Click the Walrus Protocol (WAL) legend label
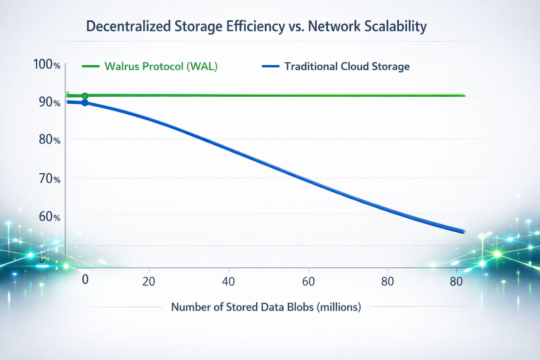(x=161, y=66)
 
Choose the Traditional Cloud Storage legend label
(x=347, y=66)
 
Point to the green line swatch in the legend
(x=90, y=66)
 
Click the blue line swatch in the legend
(x=271, y=66)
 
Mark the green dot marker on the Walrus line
(x=85, y=96)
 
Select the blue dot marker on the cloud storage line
(x=85, y=103)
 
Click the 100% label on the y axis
(x=46, y=64)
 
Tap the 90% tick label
(x=49, y=102)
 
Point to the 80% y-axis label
(x=49, y=140)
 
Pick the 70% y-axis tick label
(x=49, y=179)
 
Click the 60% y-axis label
(x=49, y=216)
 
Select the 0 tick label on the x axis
(x=85, y=279)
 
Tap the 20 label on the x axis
(x=149, y=282)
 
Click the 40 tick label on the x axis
(x=229, y=282)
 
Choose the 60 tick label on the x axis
(x=308, y=282)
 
